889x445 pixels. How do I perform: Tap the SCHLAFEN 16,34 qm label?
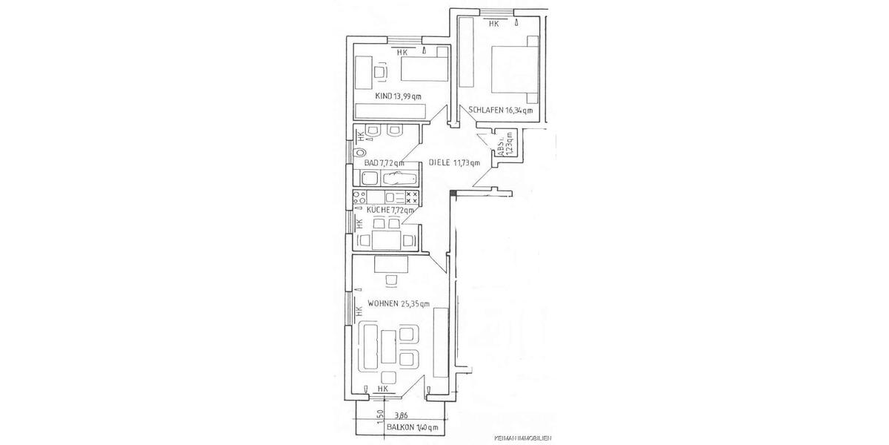click(x=500, y=111)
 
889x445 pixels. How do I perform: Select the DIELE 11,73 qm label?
click(x=454, y=163)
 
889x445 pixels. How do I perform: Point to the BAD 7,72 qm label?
click(x=384, y=163)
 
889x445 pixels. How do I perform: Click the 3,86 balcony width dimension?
click(x=401, y=416)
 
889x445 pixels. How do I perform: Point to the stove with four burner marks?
click(x=412, y=198)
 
